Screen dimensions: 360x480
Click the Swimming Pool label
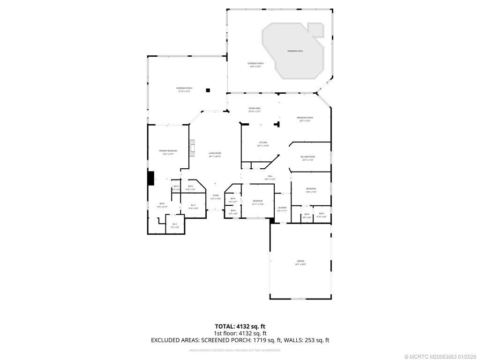click(x=295, y=51)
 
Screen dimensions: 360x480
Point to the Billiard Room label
click(x=308, y=158)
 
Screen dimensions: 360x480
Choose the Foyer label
click(x=216, y=196)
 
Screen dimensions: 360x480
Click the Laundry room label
click(x=282, y=209)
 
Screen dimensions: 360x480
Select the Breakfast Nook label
click(x=305, y=119)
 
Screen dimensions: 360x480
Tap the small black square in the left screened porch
click(x=208, y=90)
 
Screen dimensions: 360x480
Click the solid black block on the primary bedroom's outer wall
click(x=151, y=178)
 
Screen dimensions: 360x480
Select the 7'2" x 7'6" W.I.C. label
click(x=174, y=225)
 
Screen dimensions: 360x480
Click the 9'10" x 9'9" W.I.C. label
click(x=193, y=206)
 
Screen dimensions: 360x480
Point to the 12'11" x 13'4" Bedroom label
click(x=258, y=202)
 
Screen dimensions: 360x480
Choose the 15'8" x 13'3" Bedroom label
click(x=311, y=190)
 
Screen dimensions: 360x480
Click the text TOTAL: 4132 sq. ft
click(x=243, y=326)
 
